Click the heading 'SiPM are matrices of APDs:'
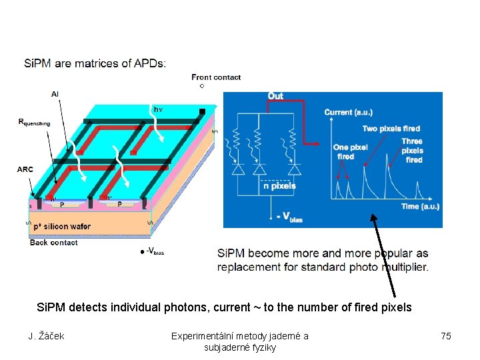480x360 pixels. [95, 64]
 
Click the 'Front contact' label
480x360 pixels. [216, 77]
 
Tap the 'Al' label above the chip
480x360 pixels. [55, 94]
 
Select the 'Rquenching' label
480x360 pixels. [38, 123]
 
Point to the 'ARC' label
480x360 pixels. [25, 169]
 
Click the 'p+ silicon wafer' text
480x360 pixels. [61, 227]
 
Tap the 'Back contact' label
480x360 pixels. [54, 243]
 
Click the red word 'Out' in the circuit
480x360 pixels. [275, 96]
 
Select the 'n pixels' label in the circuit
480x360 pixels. [279, 186]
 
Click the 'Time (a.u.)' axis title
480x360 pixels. [420, 207]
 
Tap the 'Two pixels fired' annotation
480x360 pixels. [391, 128]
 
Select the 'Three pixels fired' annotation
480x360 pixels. [412, 151]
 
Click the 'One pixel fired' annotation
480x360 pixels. [349, 152]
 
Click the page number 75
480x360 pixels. [446, 336]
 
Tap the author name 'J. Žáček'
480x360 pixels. [46, 336]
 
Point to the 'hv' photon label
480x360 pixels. [158, 109]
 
